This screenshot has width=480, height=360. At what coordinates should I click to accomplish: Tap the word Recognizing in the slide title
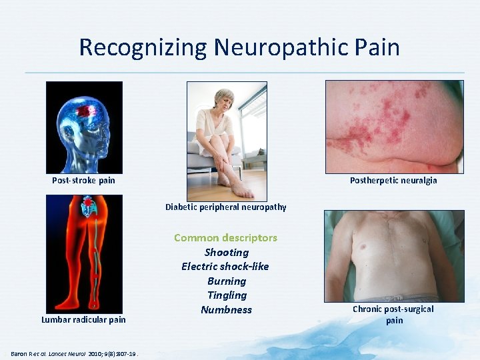(x=143, y=47)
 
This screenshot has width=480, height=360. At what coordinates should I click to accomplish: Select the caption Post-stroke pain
(x=83, y=180)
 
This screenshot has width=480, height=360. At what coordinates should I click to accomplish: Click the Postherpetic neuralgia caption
(x=393, y=180)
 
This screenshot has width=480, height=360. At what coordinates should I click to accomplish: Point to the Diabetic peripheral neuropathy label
(x=226, y=207)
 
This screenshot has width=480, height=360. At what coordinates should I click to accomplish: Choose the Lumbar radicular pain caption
(x=83, y=319)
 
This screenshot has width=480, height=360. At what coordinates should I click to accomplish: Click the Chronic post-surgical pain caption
(x=393, y=314)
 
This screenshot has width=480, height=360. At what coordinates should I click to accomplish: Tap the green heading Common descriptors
(x=225, y=237)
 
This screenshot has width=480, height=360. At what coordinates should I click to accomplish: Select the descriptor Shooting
(x=226, y=252)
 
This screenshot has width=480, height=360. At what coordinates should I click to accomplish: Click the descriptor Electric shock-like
(x=225, y=266)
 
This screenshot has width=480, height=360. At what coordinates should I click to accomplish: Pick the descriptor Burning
(x=226, y=281)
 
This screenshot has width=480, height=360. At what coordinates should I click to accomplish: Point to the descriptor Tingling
(x=227, y=295)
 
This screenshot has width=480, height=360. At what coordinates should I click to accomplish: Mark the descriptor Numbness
(x=226, y=309)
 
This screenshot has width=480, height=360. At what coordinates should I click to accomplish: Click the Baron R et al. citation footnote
(x=74, y=353)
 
